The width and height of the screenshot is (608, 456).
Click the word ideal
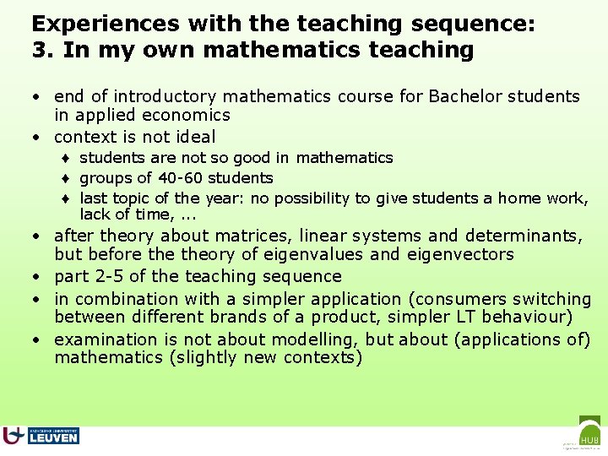tap(195, 137)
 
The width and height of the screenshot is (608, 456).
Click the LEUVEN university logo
tap(42, 436)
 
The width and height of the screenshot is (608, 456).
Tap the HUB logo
tap(589, 432)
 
